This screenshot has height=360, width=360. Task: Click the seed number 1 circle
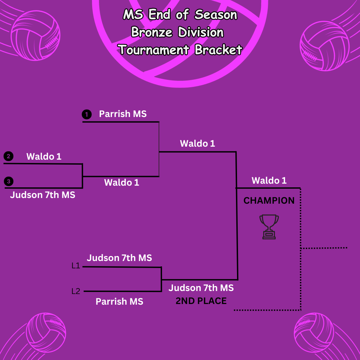point(87,115)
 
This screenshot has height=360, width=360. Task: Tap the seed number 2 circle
point(8,156)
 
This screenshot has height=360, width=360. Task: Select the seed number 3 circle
point(9,181)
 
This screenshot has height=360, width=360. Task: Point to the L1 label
point(76,266)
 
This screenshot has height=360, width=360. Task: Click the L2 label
point(76,291)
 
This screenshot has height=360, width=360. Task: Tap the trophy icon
point(269,226)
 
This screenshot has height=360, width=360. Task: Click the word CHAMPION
point(269,201)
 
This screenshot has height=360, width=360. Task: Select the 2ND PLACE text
point(201,301)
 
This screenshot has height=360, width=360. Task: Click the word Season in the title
point(216,15)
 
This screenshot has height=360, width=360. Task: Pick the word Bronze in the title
point(152,32)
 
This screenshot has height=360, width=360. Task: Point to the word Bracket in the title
point(218,50)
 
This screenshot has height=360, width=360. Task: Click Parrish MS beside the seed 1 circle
point(123,114)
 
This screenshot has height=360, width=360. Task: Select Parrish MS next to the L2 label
point(119,302)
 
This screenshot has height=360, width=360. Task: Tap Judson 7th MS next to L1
point(119,258)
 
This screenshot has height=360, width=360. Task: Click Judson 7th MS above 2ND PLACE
point(201,288)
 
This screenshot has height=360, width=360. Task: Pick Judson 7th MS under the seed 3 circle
point(43,195)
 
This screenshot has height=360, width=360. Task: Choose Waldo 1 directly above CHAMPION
point(269,181)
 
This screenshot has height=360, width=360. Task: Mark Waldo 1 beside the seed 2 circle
point(44,156)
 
